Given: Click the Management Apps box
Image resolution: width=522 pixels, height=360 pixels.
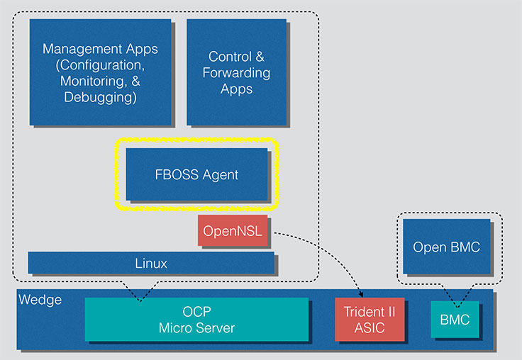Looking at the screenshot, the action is tap(100, 72).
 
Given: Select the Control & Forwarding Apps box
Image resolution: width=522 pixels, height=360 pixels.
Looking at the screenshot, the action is tap(236, 72).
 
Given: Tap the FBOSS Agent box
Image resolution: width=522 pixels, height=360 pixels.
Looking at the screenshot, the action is tap(196, 174).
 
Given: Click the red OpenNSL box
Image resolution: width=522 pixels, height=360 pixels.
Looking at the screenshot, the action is tap(233, 230).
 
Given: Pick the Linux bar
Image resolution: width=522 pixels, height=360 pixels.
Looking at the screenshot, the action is tap(151, 263).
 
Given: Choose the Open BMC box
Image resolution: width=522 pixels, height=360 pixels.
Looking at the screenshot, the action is tap(446, 247).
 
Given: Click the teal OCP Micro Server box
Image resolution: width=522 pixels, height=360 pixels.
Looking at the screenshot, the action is tap(196, 320).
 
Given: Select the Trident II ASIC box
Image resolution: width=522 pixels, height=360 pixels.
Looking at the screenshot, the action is tap(370, 320).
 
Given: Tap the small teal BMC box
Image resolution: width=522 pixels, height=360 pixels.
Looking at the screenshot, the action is tap(455, 320).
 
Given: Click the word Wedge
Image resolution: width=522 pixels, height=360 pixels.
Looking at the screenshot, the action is tap(40, 300).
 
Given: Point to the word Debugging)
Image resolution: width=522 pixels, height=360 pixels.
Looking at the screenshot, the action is tap(100, 98).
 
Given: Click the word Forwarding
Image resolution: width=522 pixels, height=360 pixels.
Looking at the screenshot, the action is tap(236, 73).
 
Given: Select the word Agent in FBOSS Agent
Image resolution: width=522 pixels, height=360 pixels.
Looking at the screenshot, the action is tap(221, 175).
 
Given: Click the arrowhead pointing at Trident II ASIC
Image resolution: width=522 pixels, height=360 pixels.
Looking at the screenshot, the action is tap(361, 295).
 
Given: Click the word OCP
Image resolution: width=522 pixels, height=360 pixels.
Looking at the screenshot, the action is tap(196, 312).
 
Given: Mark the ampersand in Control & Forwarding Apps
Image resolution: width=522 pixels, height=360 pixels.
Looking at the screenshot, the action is tap(260, 57).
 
